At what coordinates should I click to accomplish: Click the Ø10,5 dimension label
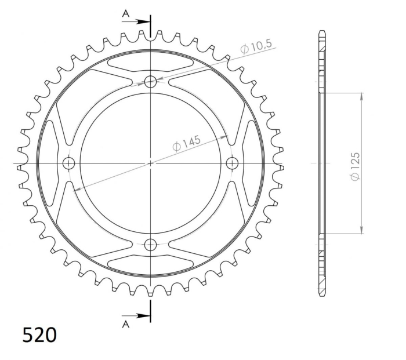tap(256, 46)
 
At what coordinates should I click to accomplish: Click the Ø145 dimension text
tap(186, 143)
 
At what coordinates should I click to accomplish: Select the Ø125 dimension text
tap(355, 167)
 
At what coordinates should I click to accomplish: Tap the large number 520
tap(39, 335)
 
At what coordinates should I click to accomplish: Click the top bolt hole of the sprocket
tap(150, 82)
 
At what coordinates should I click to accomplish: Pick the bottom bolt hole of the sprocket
tap(150, 245)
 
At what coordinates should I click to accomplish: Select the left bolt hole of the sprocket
tap(69, 163)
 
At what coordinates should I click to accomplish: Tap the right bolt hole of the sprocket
tap(232, 163)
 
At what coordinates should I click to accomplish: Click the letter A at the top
tap(126, 13)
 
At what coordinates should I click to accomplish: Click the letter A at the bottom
tap(126, 324)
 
